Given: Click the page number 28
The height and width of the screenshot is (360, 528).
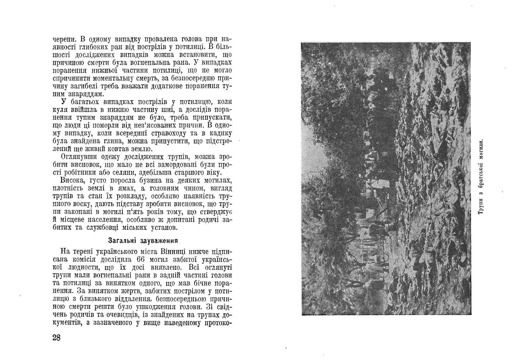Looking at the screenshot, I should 56,338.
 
